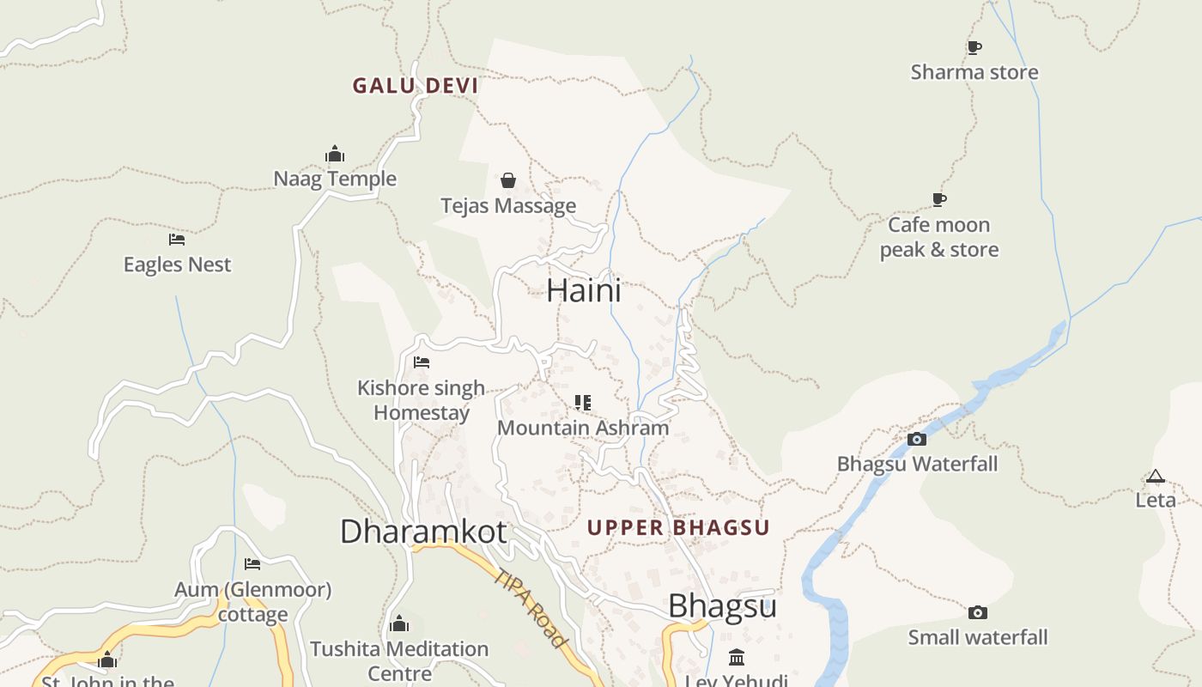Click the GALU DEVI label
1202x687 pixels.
[416, 86]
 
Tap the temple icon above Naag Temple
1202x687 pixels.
[335, 155]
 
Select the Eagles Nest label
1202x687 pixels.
[177, 264]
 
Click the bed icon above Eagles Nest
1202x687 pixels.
[177, 239]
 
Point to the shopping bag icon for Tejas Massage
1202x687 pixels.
[508, 180]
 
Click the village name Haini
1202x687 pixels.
[584, 290]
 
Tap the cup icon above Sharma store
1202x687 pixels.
[974, 47]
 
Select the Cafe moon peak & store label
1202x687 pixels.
[938, 237]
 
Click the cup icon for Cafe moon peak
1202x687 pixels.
[939, 199]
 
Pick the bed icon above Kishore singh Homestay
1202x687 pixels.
[421, 362]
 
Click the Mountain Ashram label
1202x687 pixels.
[583, 428]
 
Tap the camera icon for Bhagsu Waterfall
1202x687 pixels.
[917, 439]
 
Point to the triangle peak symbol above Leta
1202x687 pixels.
[1156, 476]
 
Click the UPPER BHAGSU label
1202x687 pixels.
[678, 527]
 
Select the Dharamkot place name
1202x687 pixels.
[423, 532]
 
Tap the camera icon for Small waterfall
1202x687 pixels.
[977, 612]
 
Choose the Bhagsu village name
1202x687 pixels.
[722, 606]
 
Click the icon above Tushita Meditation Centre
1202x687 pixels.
[398, 623]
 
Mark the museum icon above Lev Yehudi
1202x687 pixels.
[736, 658]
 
